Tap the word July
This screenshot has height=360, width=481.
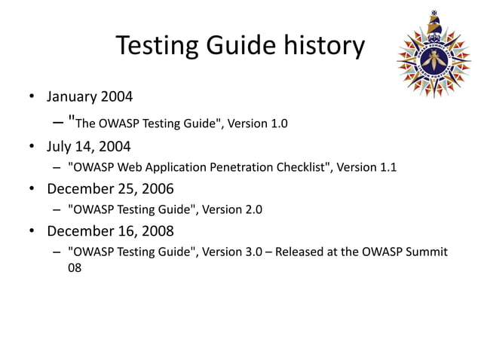coord(60,145)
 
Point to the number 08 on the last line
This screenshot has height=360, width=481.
coord(75,267)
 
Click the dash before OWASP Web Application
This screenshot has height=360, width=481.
coord(57,167)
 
